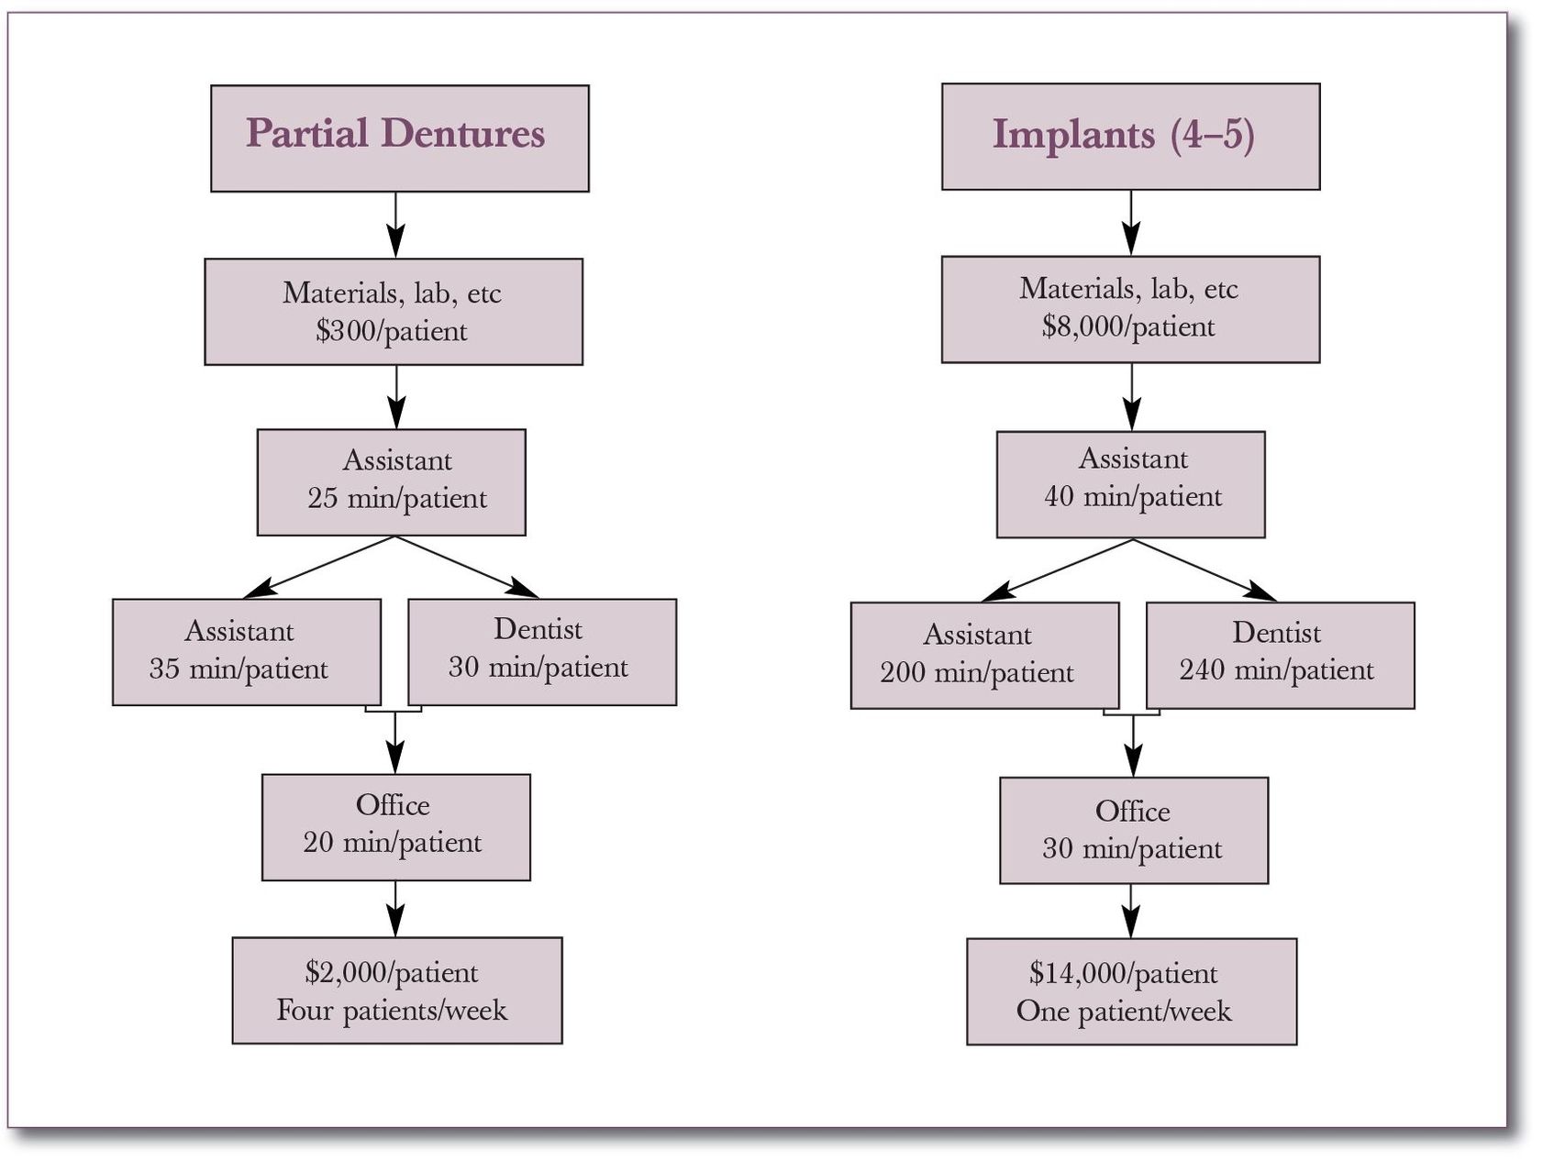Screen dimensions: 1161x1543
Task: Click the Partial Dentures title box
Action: coord(399,138)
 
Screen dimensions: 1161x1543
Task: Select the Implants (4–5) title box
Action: coord(1130,137)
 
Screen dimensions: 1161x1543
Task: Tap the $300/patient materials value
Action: coord(392,331)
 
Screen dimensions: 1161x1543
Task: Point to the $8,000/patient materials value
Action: coord(1128,327)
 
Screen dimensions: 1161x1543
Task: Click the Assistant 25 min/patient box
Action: coord(392,482)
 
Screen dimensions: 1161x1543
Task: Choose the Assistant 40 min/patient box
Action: coord(1130,484)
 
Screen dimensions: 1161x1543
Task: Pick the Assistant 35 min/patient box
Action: coord(246,652)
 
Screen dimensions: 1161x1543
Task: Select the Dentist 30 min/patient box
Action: coord(542,652)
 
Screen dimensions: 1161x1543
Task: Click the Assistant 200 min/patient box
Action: coord(984,655)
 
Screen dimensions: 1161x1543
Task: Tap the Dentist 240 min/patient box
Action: coord(1280,655)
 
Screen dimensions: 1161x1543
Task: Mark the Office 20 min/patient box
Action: coord(395,827)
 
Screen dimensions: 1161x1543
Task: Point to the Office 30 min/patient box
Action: coord(1133,831)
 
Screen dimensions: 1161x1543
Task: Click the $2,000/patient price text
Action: coord(392,973)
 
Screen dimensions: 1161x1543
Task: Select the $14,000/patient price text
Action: coord(1123,974)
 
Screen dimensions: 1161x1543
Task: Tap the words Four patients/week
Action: coord(392,1011)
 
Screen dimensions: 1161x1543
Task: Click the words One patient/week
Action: coord(1123,1012)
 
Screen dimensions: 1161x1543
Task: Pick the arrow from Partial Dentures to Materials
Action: coord(395,226)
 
